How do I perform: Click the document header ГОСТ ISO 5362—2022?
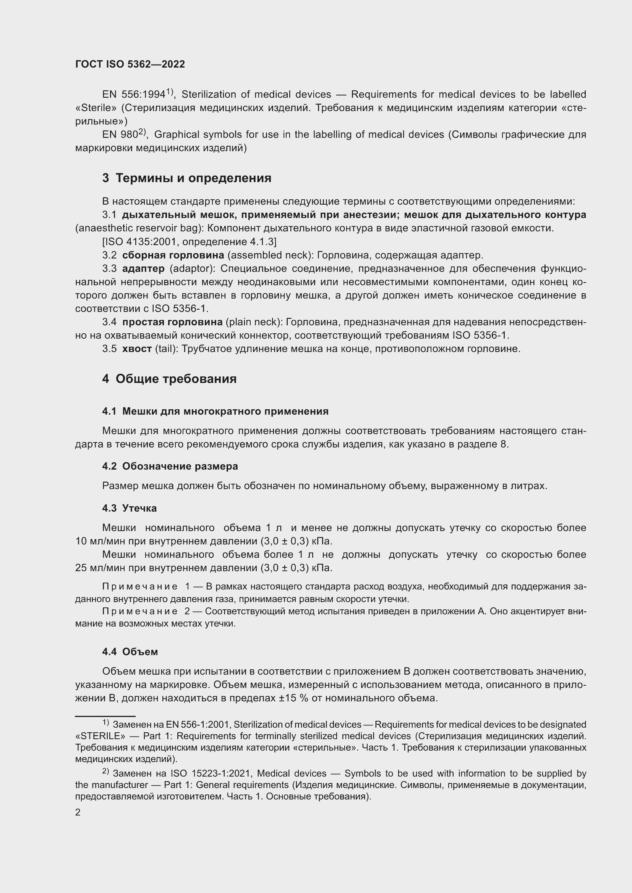[130, 65]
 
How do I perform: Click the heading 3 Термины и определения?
[187, 178]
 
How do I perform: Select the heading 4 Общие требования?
[169, 379]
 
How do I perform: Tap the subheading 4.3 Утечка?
[130, 508]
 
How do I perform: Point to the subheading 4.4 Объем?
[130, 652]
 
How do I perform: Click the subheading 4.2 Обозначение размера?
[170, 466]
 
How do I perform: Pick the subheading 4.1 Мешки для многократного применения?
[215, 412]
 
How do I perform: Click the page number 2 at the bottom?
[78, 812]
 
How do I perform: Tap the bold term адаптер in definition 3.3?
[143, 269]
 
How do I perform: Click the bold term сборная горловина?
[173, 255]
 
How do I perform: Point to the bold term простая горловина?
[172, 322]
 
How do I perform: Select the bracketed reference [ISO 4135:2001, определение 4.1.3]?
[189, 242]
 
